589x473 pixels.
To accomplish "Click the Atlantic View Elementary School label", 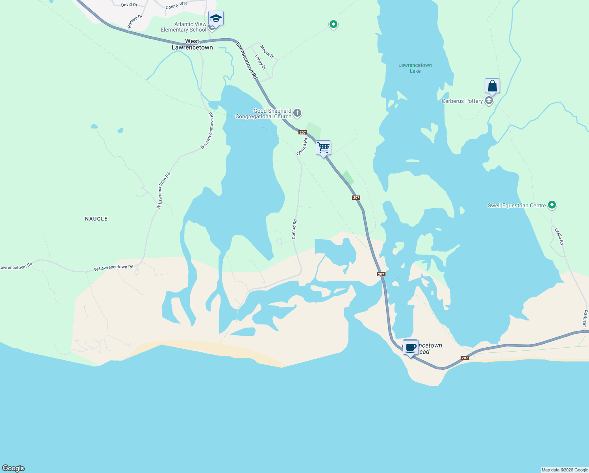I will tap(183, 27).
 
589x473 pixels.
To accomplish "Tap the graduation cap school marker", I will tap(216, 18).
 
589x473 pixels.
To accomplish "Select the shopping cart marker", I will tap(323, 148).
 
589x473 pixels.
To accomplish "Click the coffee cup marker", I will tap(411, 347).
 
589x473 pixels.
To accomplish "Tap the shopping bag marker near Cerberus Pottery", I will tap(492, 86).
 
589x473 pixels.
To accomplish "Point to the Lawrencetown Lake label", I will tap(415, 68).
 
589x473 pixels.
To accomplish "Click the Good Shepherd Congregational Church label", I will tap(263, 114).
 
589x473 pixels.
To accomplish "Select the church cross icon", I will tap(297, 114).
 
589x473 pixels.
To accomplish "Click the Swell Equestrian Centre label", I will tap(517, 205).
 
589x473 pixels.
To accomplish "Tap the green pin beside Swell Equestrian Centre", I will tap(552, 205).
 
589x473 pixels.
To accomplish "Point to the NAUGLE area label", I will tap(96, 219).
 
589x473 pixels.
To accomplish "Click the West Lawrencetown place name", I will tap(192, 44).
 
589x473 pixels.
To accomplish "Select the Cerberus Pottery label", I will tap(462, 101).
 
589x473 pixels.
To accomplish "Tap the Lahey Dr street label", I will tap(260, 62).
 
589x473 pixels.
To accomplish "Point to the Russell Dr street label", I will tap(135, 21).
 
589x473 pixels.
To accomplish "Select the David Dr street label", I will tap(129, 5).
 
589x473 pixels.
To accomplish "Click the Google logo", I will tap(13, 468).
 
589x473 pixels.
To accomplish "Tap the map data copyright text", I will tap(565, 470).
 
